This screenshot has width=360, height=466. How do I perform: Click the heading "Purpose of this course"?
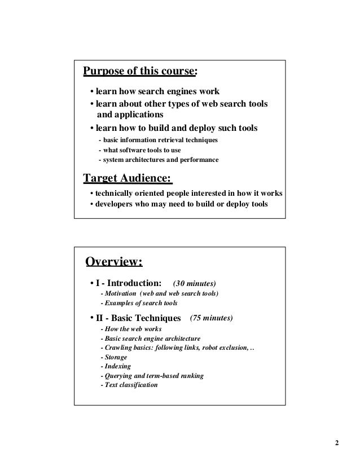(x=139, y=72)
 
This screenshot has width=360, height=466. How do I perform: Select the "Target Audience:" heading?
(x=127, y=179)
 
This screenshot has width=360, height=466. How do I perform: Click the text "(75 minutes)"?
(x=212, y=318)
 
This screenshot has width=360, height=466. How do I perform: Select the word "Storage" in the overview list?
(x=115, y=357)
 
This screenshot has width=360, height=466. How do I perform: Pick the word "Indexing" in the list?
(x=116, y=367)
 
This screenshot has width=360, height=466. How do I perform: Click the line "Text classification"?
(x=130, y=385)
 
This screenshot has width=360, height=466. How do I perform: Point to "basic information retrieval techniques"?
(x=160, y=140)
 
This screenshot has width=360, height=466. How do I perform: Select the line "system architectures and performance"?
(x=160, y=160)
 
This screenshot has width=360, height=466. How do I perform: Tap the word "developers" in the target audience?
(x=116, y=204)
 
